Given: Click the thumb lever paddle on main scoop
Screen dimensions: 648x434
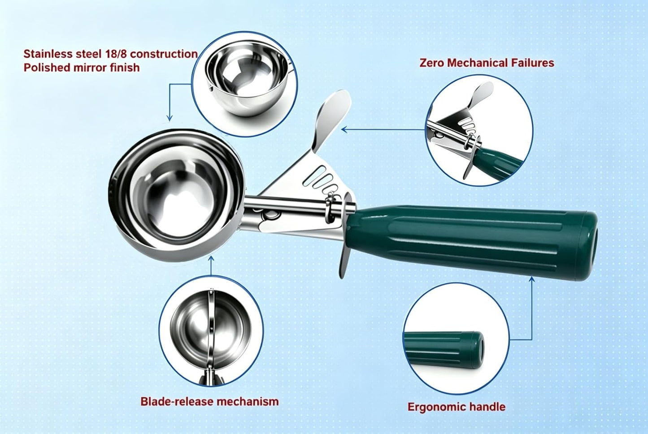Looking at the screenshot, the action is (332, 119).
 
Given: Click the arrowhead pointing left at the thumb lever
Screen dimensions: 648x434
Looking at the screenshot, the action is (345, 129).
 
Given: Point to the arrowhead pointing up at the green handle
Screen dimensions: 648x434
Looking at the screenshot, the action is (532, 279).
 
